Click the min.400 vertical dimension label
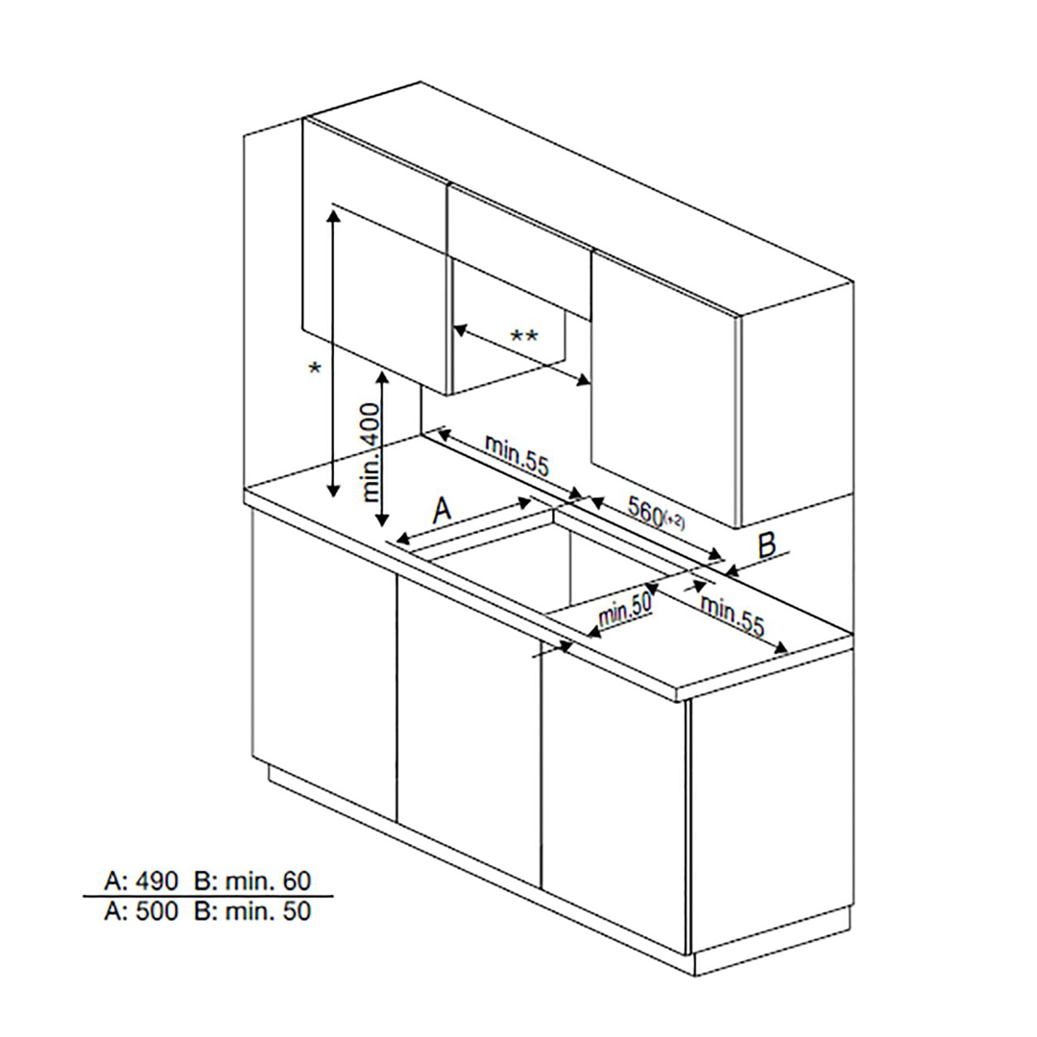(x=373, y=452)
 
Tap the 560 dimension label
(x=645, y=511)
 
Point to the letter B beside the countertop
(x=767, y=546)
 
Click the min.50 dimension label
(x=625, y=609)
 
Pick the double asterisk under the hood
(x=524, y=337)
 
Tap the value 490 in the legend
(x=157, y=880)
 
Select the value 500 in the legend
(x=157, y=911)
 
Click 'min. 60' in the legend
(x=268, y=880)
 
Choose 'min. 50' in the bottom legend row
(x=268, y=911)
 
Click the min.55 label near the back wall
(x=518, y=455)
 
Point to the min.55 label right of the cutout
(x=732, y=616)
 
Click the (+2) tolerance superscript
(x=674, y=520)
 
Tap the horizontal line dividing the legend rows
(x=207, y=897)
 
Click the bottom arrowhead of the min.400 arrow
(x=382, y=519)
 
